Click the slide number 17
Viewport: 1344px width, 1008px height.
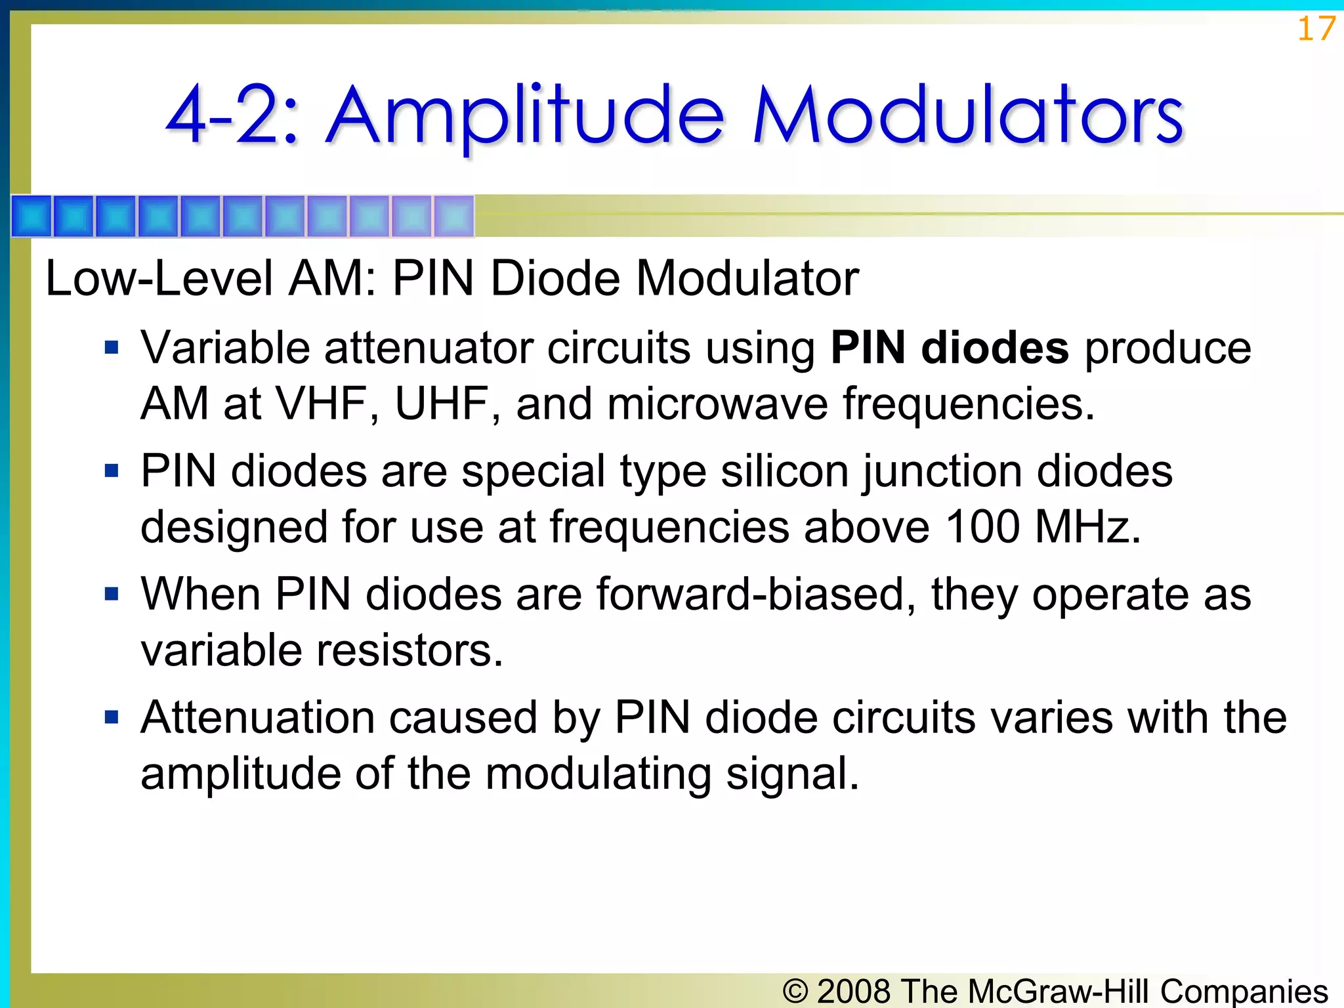(1316, 29)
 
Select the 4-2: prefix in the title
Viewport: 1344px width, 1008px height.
(233, 116)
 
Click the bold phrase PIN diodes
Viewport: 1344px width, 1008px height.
(950, 348)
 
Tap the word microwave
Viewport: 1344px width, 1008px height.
(717, 403)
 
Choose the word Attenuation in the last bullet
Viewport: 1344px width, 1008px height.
(257, 717)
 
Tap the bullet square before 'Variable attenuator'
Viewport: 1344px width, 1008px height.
(112, 347)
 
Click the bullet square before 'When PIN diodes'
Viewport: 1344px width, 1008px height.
(112, 594)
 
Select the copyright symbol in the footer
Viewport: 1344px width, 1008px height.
(795, 991)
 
